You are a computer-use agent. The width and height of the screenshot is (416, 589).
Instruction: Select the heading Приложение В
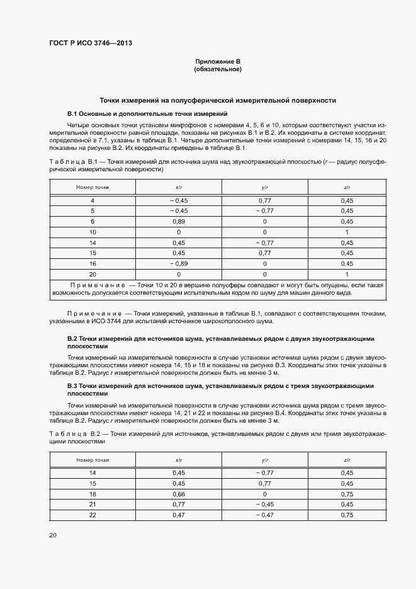click(x=218, y=61)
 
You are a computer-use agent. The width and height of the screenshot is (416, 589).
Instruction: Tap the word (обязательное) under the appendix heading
click(x=218, y=69)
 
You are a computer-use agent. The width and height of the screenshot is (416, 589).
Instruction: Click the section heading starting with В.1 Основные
click(x=147, y=113)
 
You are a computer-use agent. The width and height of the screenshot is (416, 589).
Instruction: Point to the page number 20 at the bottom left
click(x=53, y=535)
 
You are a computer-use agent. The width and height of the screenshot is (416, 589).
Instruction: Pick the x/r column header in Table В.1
click(x=178, y=188)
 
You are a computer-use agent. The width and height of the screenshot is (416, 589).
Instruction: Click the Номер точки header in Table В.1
click(x=93, y=188)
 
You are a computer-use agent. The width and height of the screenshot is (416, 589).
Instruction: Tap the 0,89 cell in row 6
click(x=178, y=222)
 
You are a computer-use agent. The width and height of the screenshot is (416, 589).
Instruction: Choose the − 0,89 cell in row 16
click(x=178, y=264)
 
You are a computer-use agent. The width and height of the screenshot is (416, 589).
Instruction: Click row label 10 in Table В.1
click(x=93, y=232)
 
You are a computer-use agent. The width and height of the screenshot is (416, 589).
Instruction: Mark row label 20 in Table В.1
click(x=93, y=275)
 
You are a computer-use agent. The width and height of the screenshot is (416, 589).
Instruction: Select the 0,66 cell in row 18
click(x=178, y=494)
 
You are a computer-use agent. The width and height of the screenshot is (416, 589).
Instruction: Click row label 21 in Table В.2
click(x=93, y=505)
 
